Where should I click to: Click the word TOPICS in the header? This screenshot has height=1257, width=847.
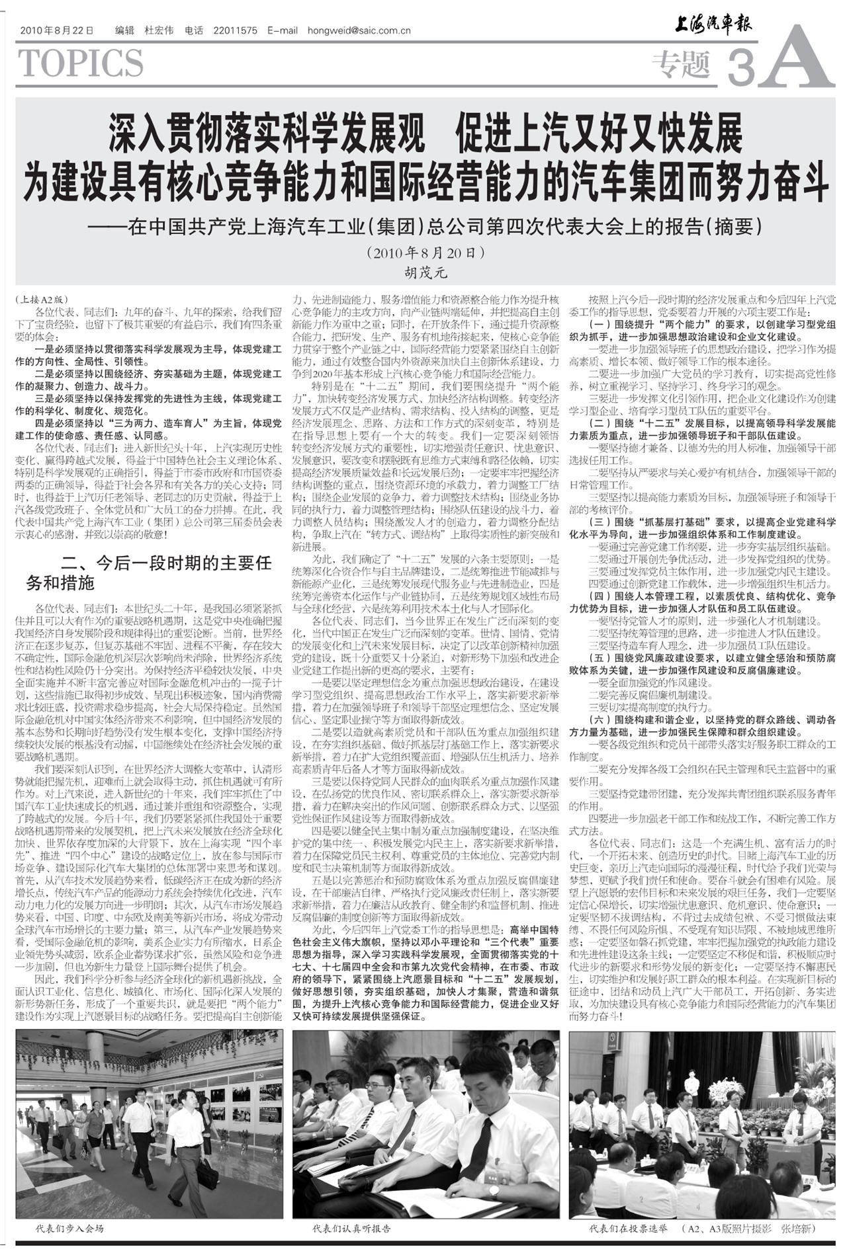pyautogui.click(x=81, y=64)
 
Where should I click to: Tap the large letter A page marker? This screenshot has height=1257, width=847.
pyautogui.click(x=795, y=58)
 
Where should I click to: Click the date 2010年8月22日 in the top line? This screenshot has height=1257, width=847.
pyautogui.click(x=57, y=30)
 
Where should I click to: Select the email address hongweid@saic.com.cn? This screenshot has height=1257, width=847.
pyautogui.click(x=359, y=30)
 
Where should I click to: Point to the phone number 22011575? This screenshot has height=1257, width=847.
pyautogui.click(x=236, y=30)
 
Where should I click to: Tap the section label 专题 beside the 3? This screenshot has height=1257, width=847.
pyautogui.click(x=681, y=64)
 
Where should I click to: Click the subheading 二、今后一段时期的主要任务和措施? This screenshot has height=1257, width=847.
pyautogui.click(x=149, y=573)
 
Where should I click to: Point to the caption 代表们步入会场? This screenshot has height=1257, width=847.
pyautogui.click(x=69, y=1229)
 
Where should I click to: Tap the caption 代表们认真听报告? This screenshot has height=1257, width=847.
pyautogui.click(x=351, y=1229)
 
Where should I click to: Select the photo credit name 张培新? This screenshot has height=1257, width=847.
pyautogui.click(x=798, y=1229)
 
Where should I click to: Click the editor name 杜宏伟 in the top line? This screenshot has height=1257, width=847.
pyautogui.click(x=159, y=30)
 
